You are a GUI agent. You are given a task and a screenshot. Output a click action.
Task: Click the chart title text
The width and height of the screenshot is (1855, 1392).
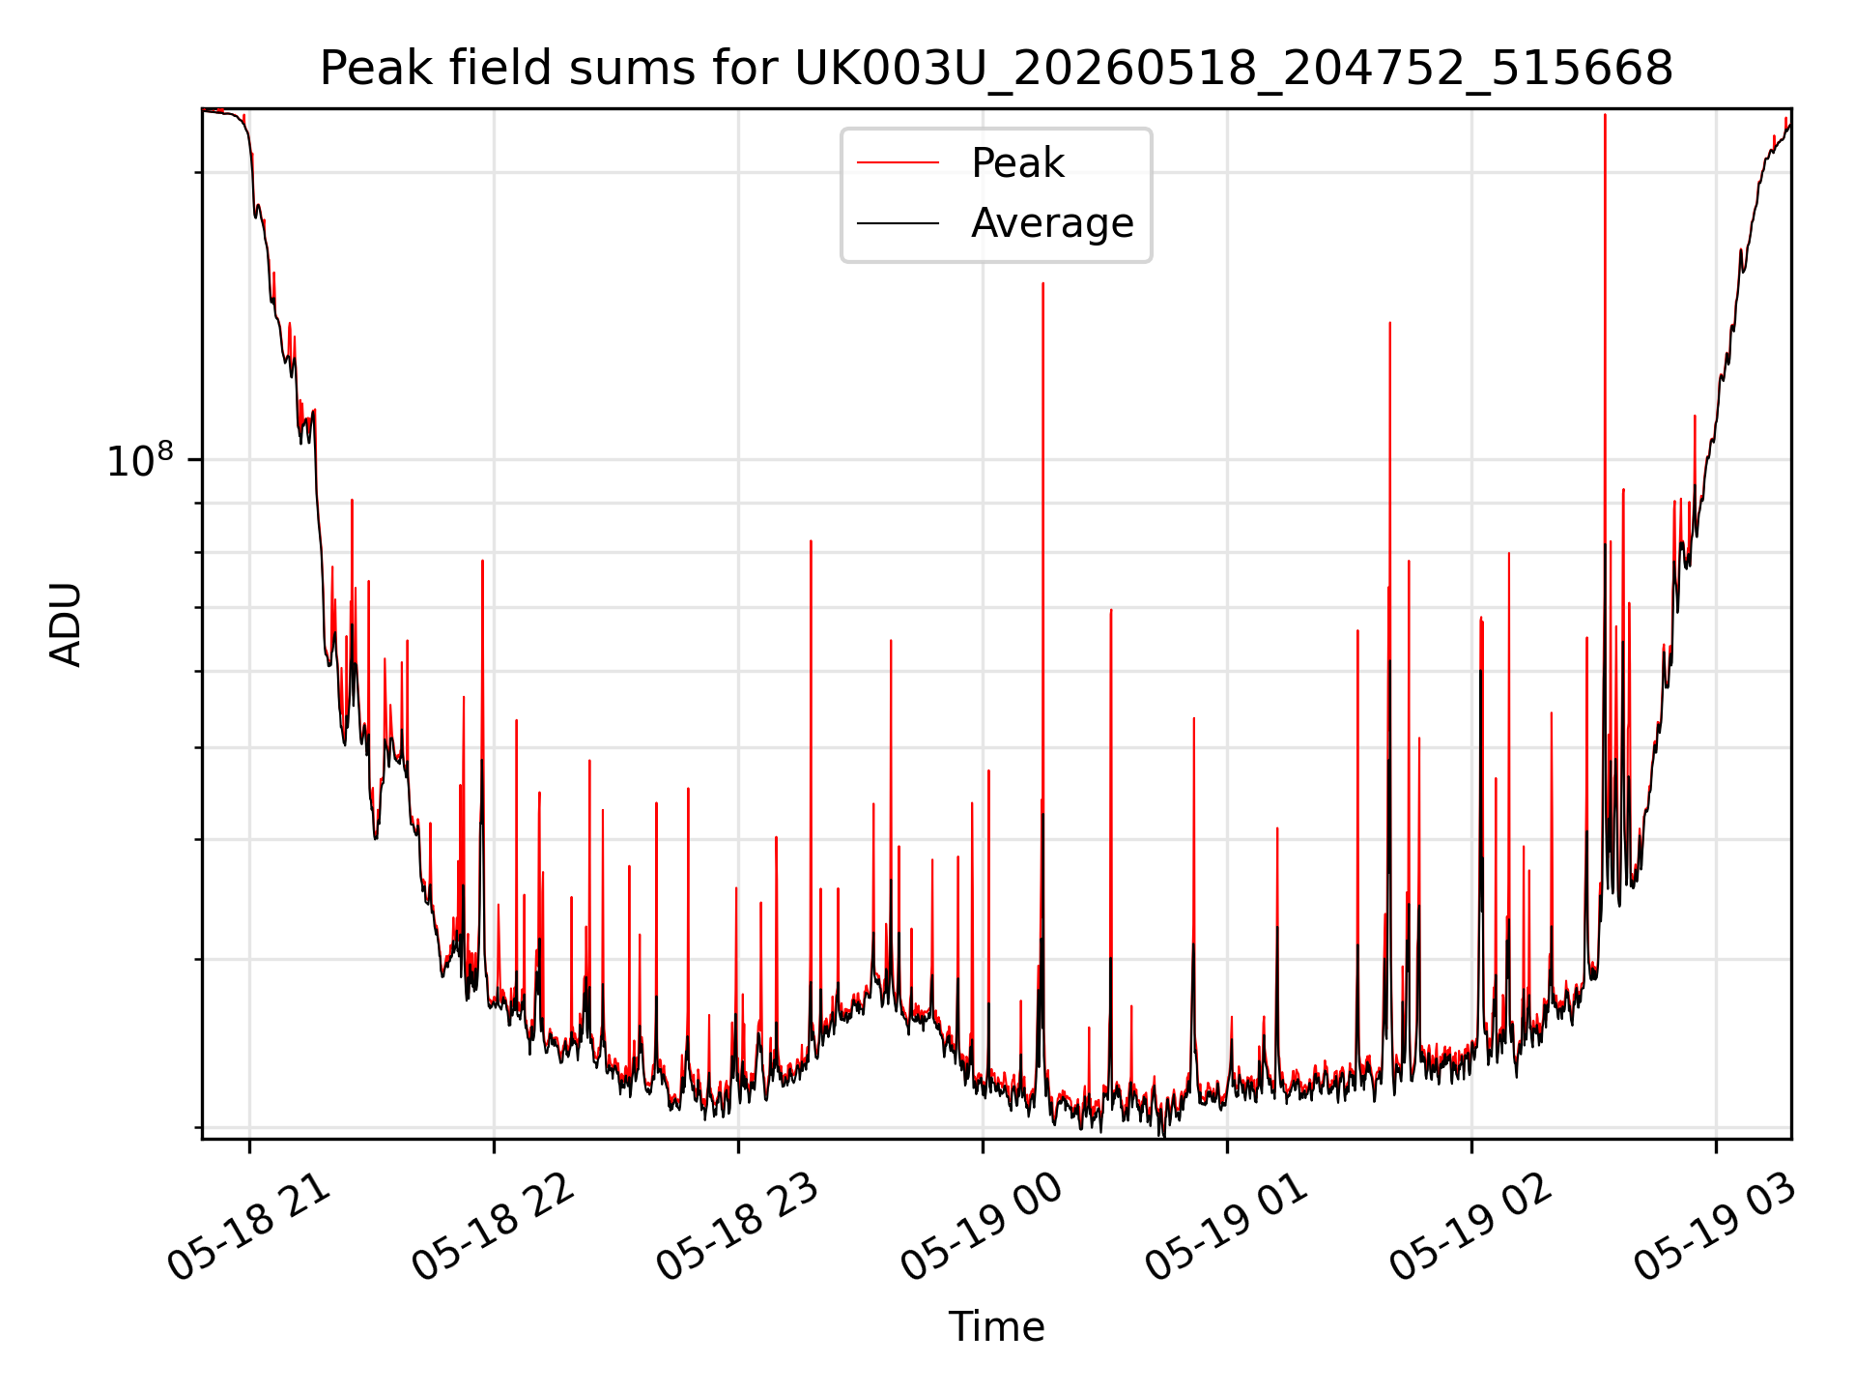click(x=996, y=69)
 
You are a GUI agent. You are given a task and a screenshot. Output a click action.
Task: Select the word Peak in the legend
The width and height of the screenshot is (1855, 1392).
click(x=1017, y=163)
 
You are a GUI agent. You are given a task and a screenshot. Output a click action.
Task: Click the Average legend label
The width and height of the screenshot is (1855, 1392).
click(x=1052, y=223)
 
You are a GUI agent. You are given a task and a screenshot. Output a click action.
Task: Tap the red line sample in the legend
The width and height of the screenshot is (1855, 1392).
click(x=898, y=163)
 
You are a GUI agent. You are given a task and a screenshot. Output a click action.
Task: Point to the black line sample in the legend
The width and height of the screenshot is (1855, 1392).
click(x=898, y=223)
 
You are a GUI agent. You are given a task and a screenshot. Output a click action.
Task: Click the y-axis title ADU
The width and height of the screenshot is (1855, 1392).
click(x=66, y=624)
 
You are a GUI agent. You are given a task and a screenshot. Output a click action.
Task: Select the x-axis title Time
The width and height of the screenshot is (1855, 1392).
click(x=996, y=1327)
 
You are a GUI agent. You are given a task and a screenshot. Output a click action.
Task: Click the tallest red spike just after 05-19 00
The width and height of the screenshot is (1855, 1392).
click(x=1042, y=283)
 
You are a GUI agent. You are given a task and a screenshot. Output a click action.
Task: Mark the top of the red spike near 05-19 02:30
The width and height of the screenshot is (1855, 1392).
click(x=1605, y=115)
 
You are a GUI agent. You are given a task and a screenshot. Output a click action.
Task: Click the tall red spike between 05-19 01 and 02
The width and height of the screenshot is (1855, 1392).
click(x=1389, y=323)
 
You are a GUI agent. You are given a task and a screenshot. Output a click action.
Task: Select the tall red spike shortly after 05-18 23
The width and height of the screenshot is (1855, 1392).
click(x=811, y=541)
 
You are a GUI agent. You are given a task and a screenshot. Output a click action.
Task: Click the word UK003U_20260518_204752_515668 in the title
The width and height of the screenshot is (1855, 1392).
click(x=1234, y=69)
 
